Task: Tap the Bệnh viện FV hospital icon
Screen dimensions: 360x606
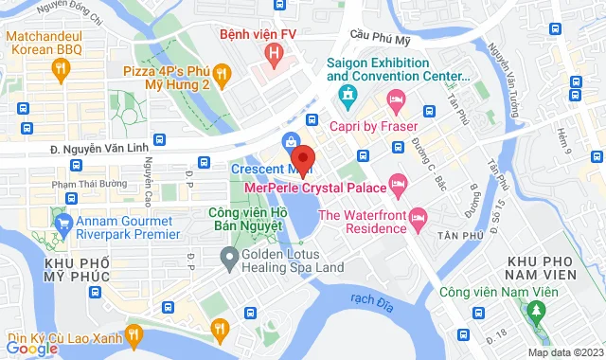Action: click(274, 55)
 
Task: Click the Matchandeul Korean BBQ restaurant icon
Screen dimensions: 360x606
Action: click(62, 67)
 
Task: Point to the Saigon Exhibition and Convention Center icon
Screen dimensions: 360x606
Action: click(348, 95)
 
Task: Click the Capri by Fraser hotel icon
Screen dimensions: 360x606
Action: click(396, 99)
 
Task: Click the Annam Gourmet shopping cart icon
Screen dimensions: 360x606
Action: click(64, 225)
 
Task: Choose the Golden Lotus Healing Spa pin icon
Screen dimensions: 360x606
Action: click(229, 256)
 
